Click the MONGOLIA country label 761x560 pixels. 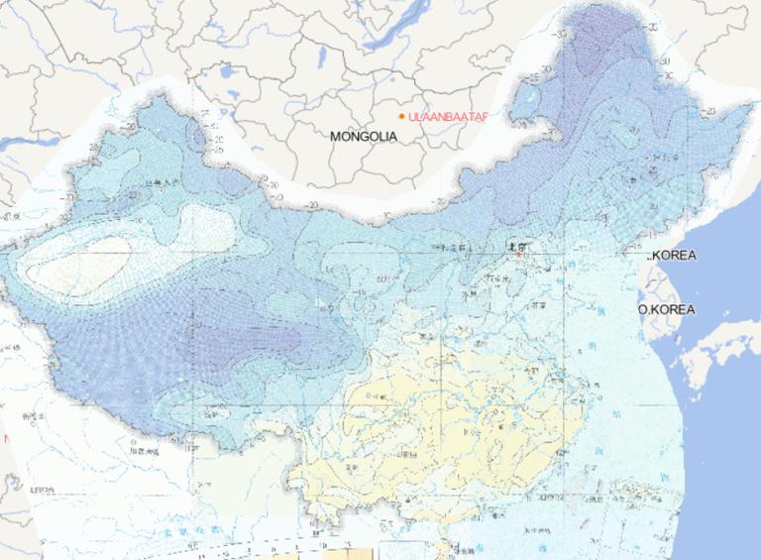364,136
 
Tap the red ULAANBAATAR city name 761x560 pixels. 449,117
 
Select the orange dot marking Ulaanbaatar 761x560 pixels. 401,117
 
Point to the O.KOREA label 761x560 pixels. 667,309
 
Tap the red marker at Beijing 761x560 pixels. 517,254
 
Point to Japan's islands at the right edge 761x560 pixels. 718,357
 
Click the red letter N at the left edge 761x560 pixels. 5,437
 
